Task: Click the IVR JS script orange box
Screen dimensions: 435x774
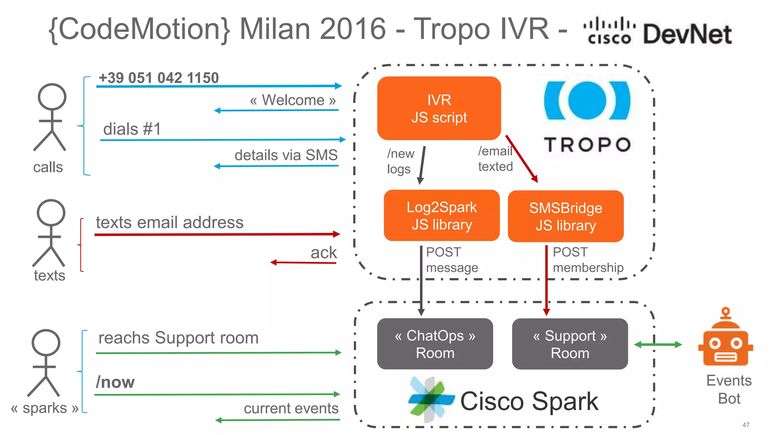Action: (x=439, y=108)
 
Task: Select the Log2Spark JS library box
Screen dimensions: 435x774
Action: (x=441, y=216)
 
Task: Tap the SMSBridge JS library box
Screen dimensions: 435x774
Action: (x=565, y=216)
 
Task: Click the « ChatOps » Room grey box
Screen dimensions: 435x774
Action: (x=435, y=344)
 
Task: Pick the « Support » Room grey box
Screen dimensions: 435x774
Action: (x=570, y=344)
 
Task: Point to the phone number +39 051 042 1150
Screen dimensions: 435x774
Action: (x=159, y=78)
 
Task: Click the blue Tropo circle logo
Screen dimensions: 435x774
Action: (x=587, y=101)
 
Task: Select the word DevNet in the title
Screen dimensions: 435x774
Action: (x=687, y=34)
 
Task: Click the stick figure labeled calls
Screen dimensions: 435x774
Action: (x=51, y=117)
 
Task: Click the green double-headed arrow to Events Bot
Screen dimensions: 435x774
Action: (x=658, y=344)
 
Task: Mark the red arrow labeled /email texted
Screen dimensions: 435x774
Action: (x=522, y=159)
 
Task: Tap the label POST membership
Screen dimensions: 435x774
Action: (x=588, y=260)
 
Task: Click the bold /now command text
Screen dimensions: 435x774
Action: (x=115, y=382)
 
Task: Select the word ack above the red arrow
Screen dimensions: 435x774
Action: (x=324, y=253)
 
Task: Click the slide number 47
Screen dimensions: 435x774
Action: (x=746, y=425)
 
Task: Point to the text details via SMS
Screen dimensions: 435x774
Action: (x=286, y=155)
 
